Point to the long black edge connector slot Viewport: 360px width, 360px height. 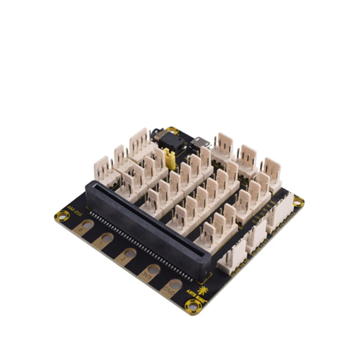(x=148, y=225)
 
